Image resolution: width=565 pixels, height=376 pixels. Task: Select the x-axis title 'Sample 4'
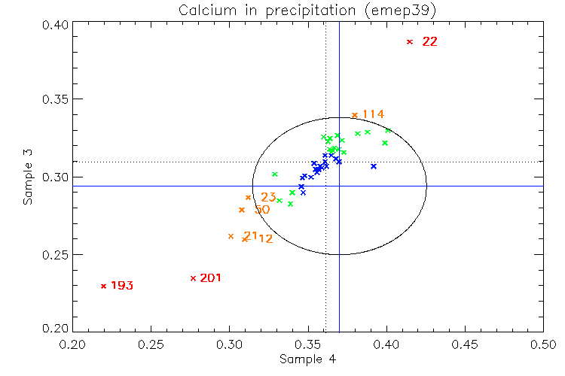[307, 359]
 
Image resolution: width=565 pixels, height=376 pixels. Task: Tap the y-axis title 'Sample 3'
[29, 178]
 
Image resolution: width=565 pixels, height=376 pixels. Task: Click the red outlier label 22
[429, 42]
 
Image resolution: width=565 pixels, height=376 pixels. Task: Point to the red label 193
[122, 286]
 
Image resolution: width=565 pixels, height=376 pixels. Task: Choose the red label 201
[211, 278]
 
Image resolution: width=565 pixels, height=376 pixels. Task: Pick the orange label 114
[373, 114]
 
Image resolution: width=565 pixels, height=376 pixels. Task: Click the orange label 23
[268, 198]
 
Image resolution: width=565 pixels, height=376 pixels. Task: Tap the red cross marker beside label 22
[410, 42]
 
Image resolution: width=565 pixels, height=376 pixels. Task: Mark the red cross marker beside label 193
[103, 286]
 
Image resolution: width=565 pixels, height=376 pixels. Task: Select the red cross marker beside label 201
[194, 278]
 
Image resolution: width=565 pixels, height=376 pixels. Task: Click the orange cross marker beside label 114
[355, 115]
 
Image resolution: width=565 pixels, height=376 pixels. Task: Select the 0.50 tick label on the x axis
[543, 344]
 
